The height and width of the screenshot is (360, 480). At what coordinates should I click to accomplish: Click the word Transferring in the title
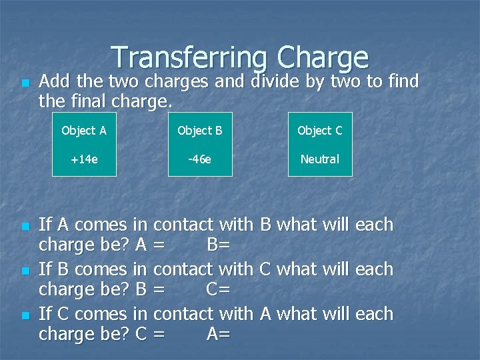189,58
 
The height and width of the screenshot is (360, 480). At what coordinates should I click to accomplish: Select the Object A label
84,131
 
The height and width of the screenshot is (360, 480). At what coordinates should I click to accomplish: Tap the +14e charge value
84,159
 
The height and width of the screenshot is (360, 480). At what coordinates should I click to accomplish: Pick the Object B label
200,131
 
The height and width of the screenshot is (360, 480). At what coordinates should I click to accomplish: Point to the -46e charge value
200,159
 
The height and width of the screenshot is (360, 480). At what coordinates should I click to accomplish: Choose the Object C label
320,131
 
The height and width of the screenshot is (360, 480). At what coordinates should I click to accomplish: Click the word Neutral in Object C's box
320,159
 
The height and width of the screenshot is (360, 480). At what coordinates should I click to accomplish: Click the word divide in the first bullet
275,82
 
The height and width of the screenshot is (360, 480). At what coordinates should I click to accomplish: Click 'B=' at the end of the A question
219,245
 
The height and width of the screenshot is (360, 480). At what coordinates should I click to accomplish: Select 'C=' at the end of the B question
219,290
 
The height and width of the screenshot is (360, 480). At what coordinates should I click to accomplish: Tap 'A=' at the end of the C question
219,334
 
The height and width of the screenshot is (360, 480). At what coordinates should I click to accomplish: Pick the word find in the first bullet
400,82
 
